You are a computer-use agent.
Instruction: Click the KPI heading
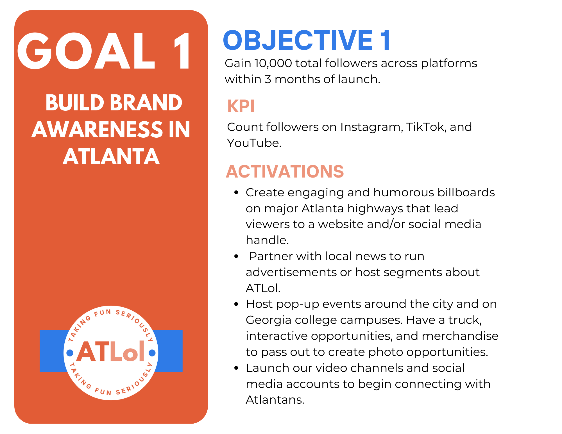pyautogui.click(x=241, y=106)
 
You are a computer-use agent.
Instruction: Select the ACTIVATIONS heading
pyautogui.click(x=285, y=171)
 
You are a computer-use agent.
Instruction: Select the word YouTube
pyautogui.click(x=254, y=143)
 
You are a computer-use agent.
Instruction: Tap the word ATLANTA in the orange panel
pyautogui.click(x=111, y=156)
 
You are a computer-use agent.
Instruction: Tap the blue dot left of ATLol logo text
pyautogui.click(x=70, y=353)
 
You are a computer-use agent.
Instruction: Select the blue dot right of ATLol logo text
pyautogui.click(x=152, y=353)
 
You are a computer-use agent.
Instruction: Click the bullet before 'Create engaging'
pyautogui.click(x=236, y=193)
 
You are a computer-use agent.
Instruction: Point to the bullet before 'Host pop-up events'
pyautogui.click(x=236, y=304)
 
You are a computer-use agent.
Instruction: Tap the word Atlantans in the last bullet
pyautogui.click(x=275, y=400)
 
